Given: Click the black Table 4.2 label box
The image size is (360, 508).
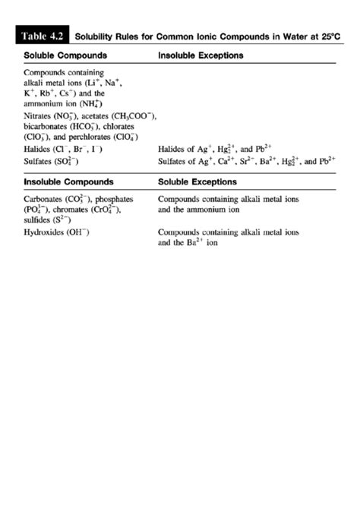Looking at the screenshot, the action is point(44,36).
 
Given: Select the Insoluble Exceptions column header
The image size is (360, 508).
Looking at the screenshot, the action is point(201,56).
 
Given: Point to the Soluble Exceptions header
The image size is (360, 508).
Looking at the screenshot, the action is point(197,182).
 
